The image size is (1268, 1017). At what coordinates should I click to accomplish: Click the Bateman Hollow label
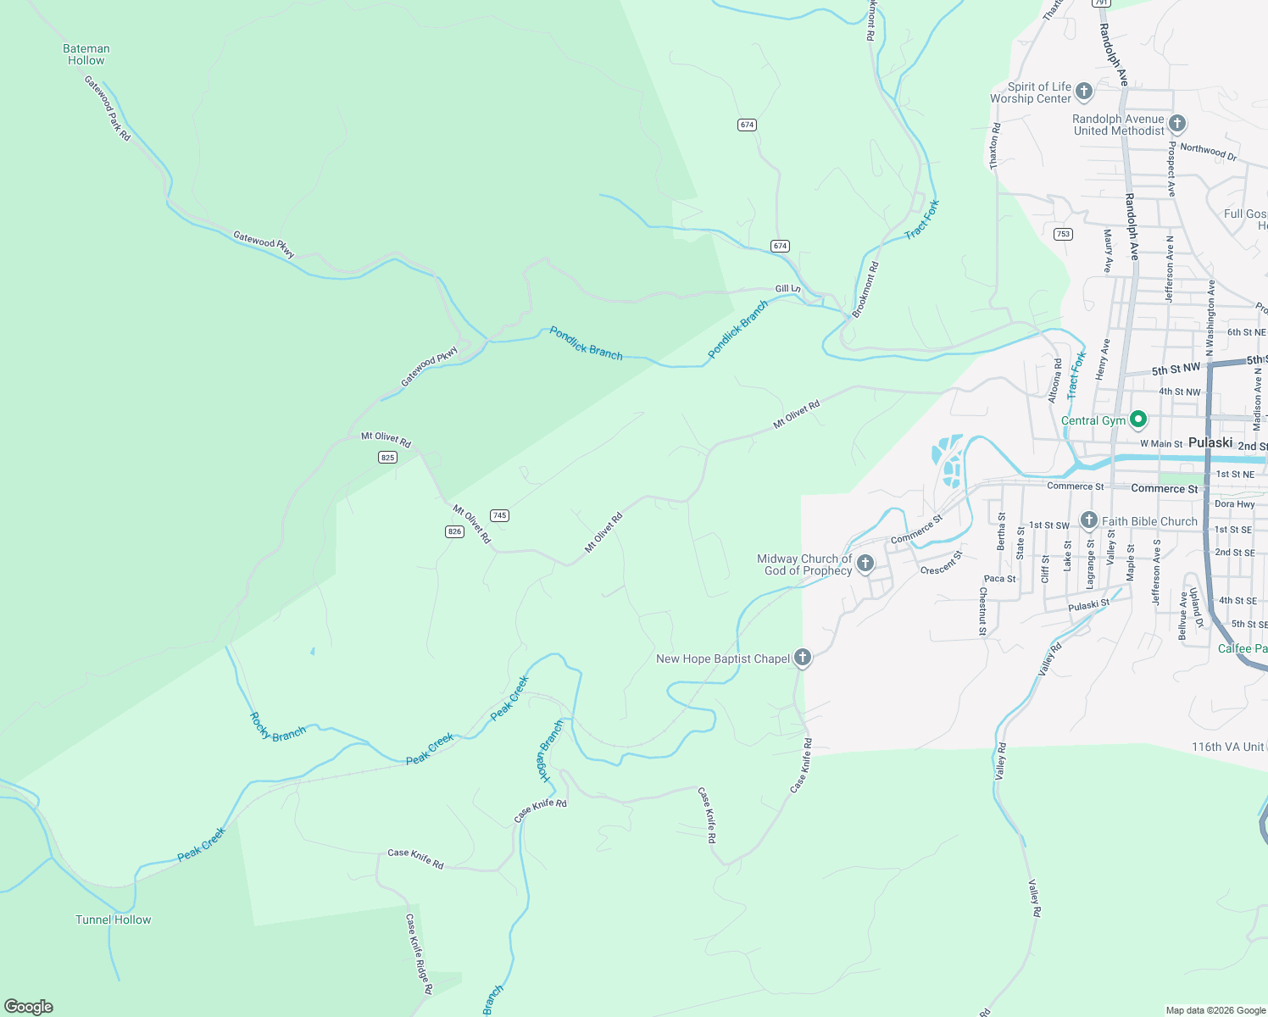(x=86, y=55)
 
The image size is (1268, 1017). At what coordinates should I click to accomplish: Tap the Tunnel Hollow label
(x=113, y=920)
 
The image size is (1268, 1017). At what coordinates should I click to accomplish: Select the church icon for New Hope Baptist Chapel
(x=802, y=658)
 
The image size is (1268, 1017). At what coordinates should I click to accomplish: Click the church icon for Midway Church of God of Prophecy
(x=865, y=564)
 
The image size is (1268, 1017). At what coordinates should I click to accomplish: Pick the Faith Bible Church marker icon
(x=1088, y=520)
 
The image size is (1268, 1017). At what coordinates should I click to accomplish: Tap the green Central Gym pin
(x=1138, y=420)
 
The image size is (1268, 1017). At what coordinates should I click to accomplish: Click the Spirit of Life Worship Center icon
(x=1083, y=92)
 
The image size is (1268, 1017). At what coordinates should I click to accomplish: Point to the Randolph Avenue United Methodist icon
(x=1176, y=124)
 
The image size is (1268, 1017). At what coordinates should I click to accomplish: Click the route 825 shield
(x=387, y=458)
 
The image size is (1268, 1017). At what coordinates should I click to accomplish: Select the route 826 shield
(x=454, y=531)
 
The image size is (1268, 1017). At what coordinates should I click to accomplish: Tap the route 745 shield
(x=499, y=515)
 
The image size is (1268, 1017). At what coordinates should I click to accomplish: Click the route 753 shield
(x=1063, y=234)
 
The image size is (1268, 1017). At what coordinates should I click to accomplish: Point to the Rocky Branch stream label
(x=277, y=727)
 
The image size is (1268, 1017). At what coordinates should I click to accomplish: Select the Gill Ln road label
(x=787, y=289)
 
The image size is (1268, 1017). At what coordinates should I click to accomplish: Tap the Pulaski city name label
(x=1210, y=442)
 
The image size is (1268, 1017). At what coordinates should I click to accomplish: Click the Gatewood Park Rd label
(x=108, y=108)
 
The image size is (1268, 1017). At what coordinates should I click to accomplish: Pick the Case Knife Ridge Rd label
(x=419, y=953)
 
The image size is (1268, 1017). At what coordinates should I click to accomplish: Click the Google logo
(x=29, y=1007)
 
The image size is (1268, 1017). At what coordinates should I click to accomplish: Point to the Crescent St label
(x=942, y=564)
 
